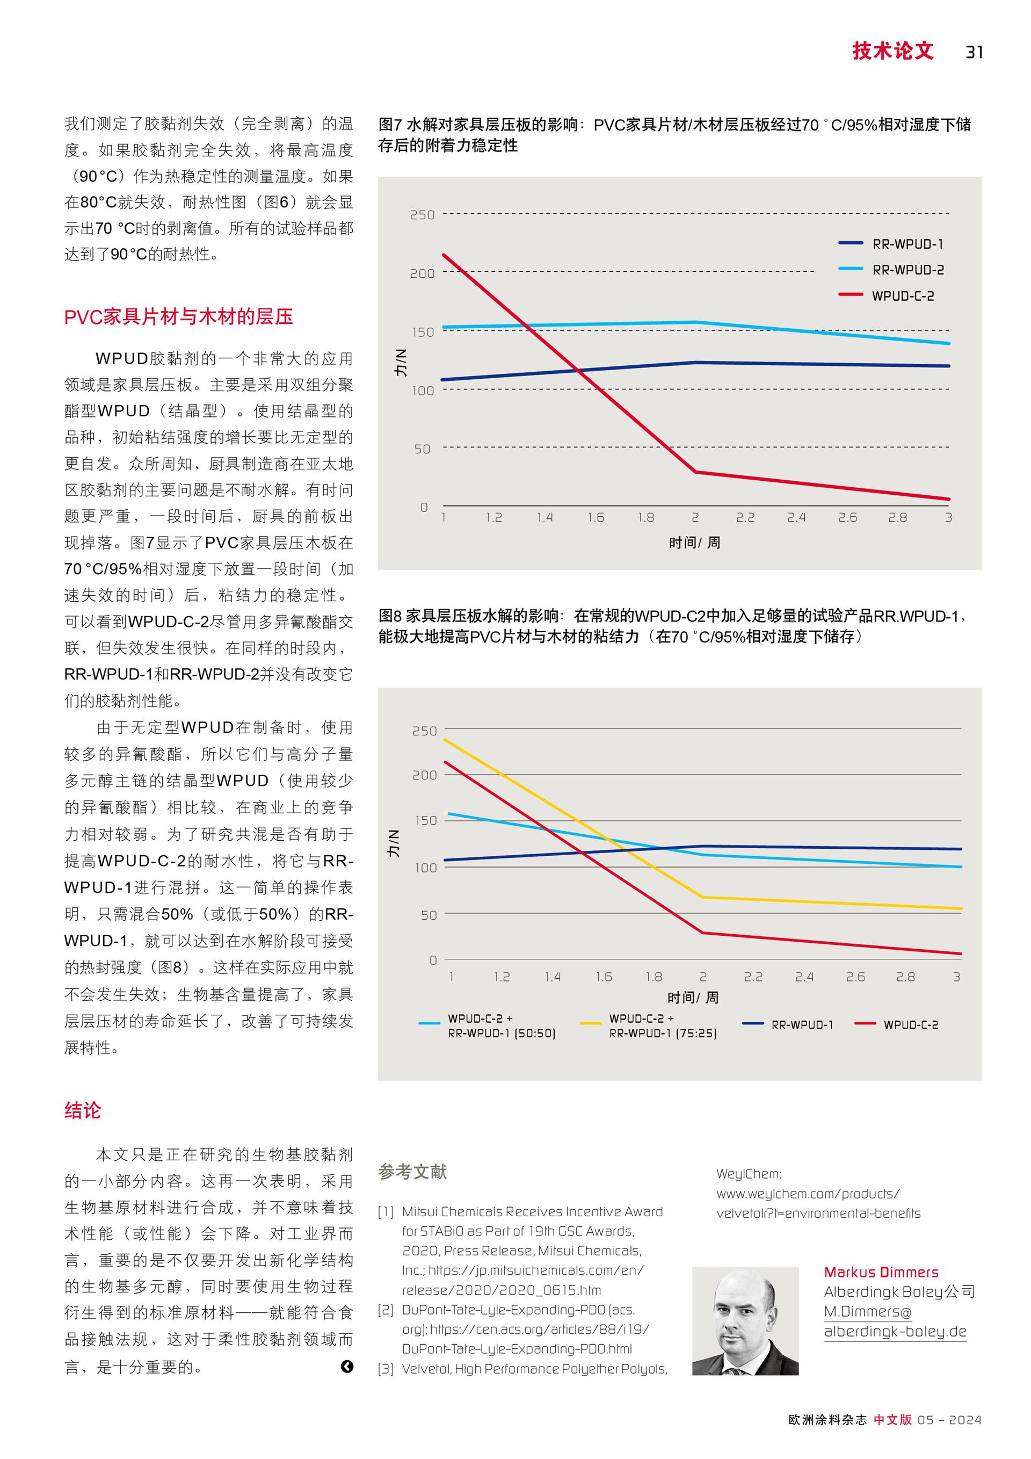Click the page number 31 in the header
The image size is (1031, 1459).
974,52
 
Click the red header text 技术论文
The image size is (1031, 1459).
892,51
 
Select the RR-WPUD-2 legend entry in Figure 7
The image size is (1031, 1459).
891,270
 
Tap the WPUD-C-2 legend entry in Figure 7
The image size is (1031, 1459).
886,295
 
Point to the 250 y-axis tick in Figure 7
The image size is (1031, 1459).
423,215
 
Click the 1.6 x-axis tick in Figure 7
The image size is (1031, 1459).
596,517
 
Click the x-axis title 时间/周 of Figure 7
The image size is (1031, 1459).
694,542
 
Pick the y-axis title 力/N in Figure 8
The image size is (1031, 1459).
394,843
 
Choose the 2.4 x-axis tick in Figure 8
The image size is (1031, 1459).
804,977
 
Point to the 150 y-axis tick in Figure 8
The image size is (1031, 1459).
425,820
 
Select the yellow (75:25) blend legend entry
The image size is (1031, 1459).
649,1025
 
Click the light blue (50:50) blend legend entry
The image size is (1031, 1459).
487,1025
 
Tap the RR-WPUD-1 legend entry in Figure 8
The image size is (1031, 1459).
788,1024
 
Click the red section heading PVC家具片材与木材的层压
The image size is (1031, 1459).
178,316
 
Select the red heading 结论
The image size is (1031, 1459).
83,1110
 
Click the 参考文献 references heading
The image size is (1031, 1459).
412,1171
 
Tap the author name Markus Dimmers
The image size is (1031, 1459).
881,1272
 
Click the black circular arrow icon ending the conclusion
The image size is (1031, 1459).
347,1366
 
